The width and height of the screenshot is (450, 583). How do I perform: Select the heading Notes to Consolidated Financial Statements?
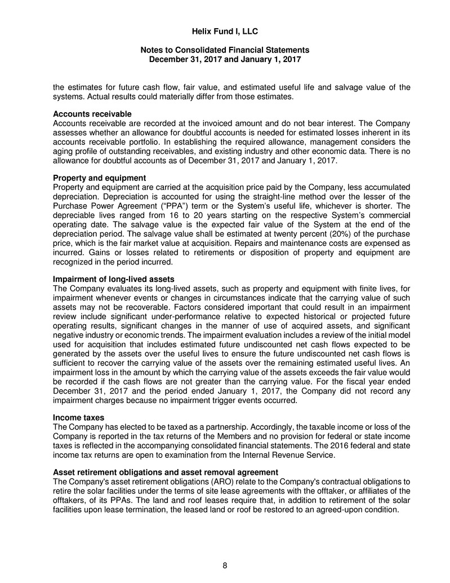click(225, 50)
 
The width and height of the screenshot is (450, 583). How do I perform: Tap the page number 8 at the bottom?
click(225, 567)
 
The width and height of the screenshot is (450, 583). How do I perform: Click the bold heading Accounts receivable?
click(92, 114)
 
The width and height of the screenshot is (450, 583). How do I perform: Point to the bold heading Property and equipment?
click(99, 178)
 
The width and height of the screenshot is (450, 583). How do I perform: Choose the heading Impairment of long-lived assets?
click(113, 280)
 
